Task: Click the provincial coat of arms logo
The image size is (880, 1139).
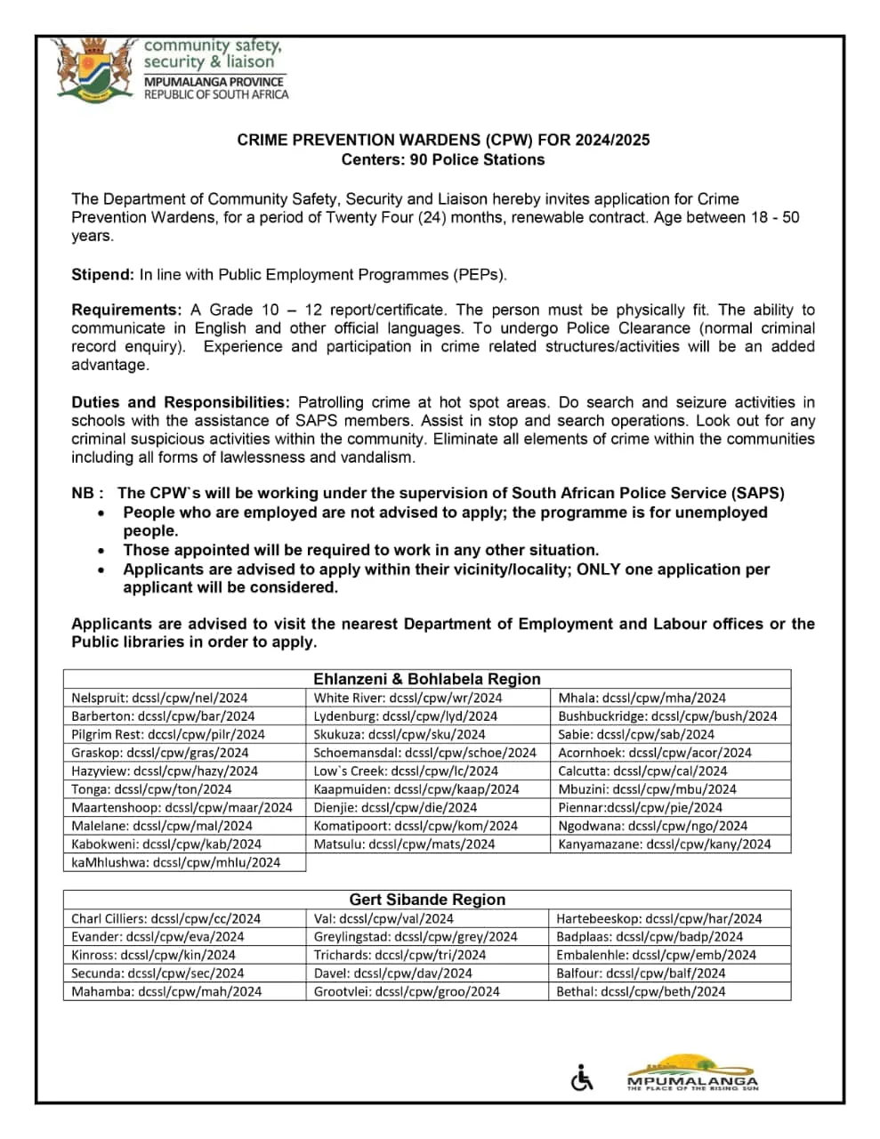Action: [x=93, y=69]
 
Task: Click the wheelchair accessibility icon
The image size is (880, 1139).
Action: [x=581, y=1078]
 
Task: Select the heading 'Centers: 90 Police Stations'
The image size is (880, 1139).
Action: [x=442, y=160]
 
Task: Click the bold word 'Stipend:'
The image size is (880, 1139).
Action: [x=103, y=275]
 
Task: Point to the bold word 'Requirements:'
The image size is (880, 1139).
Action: [x=126, y=311]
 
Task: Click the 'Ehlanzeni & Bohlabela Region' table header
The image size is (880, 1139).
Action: [x=426, y=679]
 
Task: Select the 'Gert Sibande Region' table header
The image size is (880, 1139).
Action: [x=426, y=900]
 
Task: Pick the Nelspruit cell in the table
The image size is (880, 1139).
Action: [x=160, y=699]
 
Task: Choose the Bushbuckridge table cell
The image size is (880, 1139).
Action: [x=667, y=716]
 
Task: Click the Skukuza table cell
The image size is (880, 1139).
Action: [x=400, y=735]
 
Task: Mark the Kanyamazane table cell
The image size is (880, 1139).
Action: [x=665, y=844]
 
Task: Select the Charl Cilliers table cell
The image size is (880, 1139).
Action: [x=166, y=919]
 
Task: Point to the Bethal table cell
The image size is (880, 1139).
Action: [x=641, y=992]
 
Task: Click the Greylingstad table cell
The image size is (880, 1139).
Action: [x=416, y=937]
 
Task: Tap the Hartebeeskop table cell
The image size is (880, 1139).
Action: [x=659, y=919]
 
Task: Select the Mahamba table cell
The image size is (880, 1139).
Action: [x=166, y=992]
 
